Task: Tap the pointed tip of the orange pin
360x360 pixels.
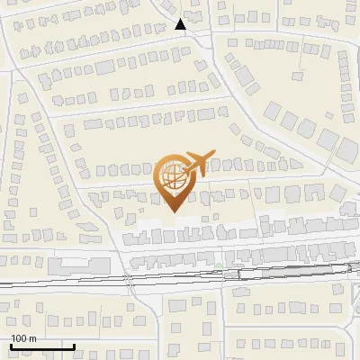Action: (174, 211)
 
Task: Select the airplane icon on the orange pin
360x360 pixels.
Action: (196, 162)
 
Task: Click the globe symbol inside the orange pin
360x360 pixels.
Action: (174, 178)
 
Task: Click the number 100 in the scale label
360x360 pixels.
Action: (18, 338)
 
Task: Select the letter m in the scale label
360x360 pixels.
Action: (32, 338)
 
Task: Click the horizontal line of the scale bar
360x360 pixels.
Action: (41, 346)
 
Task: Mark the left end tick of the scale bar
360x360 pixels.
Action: (10, 345)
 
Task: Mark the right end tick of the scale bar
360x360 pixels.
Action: (74, 345)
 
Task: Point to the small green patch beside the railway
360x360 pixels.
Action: (219, 265)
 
